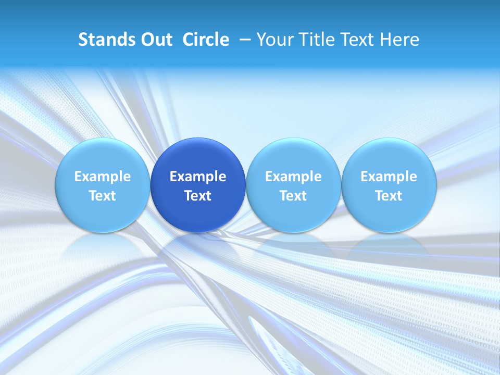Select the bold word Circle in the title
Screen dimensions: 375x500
click(x=206, y=40)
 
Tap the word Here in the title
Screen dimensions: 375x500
click(x=399, y=40)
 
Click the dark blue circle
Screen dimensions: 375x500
click(x=198, y=185)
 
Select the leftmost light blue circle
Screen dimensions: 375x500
click(x=102, y=185)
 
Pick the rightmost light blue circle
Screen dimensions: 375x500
click(x=389, y=185)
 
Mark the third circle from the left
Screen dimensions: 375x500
click(x=293, y=185)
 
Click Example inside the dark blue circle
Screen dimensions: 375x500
click(x=198, y=177)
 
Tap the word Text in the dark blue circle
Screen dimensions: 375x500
click(x=198, y=196)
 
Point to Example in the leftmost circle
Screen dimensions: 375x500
click(x=102, y=177)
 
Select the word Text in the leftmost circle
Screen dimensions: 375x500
click(x=102, y=196)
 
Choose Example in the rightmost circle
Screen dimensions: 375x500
click(x=389, y=177)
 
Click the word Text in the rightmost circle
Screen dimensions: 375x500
click(x=389, y=196)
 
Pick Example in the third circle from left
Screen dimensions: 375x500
click(x=293, y=177)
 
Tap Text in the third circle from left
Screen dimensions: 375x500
click(x=293, y=196)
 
